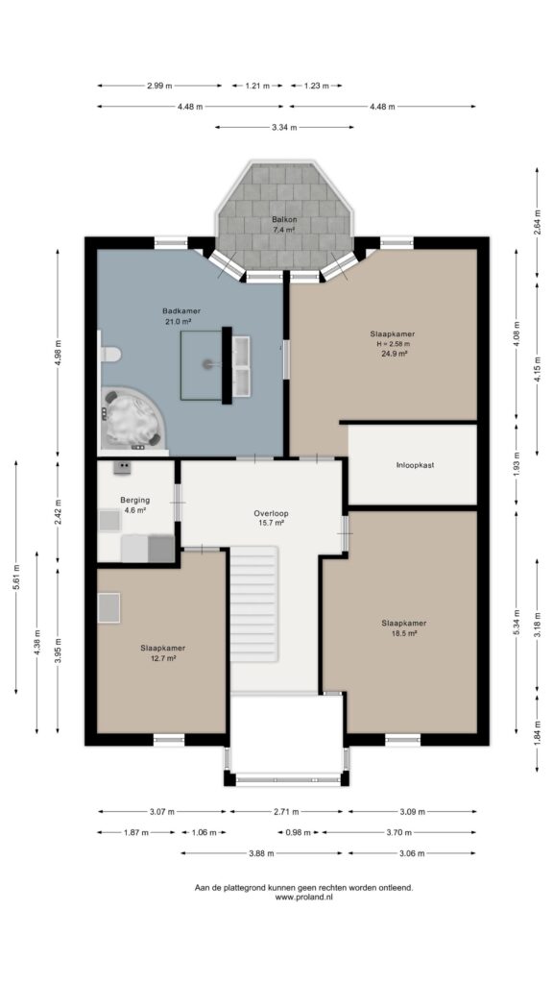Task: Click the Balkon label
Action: (x=284, y=220)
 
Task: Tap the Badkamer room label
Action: (x=181, y=310)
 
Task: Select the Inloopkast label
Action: (x=415, y=465)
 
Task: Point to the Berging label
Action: (x=134, y=500)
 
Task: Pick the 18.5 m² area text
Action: (x=404, y=634)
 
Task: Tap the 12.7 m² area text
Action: (x=162, y=658)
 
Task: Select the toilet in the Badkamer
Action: (x=109, y=355)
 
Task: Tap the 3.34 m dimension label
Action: (x=284, y=128)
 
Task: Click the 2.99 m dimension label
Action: (x=159, y=86)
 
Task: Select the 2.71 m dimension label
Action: (x=286, y=811)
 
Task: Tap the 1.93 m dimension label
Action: (x=517, y=464)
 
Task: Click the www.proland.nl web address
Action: (x=304, y=898)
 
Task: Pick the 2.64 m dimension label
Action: (x=538, y=222)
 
